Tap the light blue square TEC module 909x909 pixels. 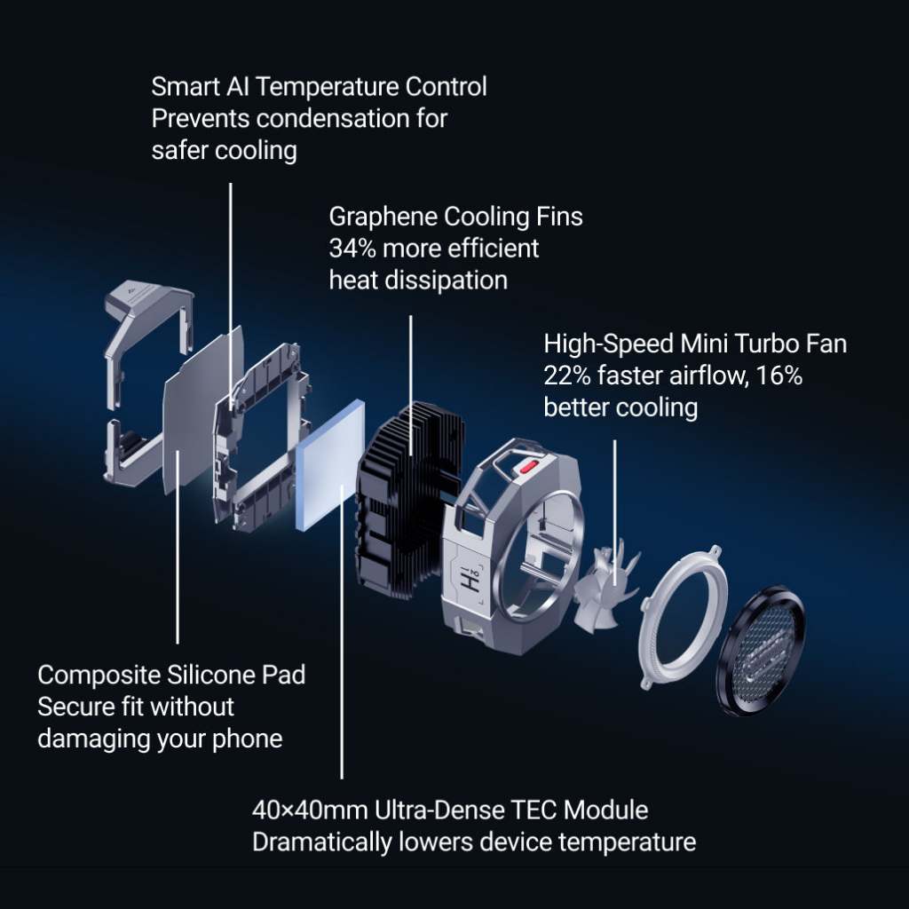pos(330,464)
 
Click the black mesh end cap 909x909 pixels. pos(761,651)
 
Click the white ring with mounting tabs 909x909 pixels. pos(683,617)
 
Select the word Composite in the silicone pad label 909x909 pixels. pos(99,676)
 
